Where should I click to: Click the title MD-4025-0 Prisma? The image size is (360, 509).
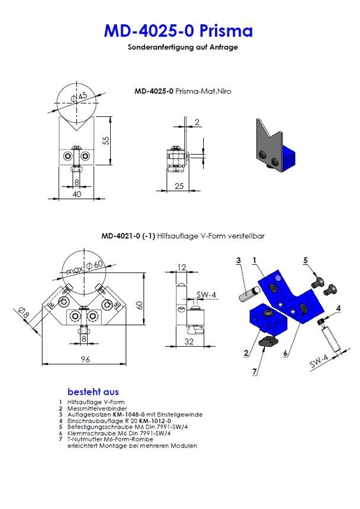[x=178, y=31]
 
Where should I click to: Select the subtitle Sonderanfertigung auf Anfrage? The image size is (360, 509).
[x=182, y=47]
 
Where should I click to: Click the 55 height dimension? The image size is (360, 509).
[x=106, y=140]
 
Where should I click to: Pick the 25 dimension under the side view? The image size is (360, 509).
[x=179, y=186]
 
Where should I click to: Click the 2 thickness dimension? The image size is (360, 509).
[x=197, y=123]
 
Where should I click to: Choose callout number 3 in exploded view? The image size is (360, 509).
[x=238, y=260]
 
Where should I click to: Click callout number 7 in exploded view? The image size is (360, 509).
[x=255, y=372]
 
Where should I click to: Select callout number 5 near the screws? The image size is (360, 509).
[x=306, y=260]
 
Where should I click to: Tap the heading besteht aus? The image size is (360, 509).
[x=93, y=392]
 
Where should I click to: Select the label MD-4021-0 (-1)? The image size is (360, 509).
[x=128, y=235]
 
